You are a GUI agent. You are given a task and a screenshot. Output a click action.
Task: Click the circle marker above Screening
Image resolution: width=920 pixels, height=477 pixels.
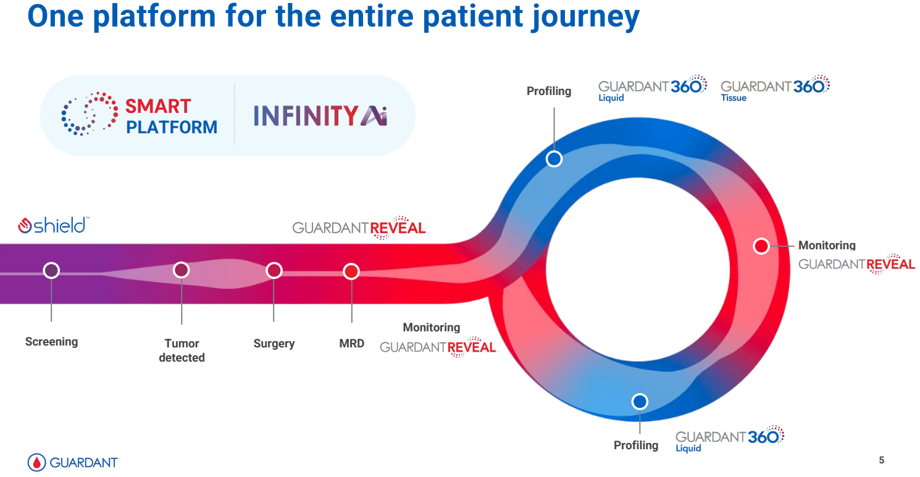coord(51,270)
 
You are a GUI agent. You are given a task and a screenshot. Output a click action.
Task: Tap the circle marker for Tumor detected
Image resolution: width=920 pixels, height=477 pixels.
coord(181,270)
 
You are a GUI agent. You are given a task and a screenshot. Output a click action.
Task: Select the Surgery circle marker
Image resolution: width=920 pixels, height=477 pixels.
coord(274,270)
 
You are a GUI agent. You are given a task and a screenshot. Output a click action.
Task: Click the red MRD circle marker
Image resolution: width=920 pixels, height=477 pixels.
coord(351,272)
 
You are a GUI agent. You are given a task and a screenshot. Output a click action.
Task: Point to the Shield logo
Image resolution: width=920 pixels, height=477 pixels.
coord(53,225)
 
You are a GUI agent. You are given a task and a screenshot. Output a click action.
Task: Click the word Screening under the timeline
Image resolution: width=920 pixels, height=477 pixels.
coord(51,341)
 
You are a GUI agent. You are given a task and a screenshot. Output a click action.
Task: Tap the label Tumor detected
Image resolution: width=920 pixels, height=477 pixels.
coord(182,350)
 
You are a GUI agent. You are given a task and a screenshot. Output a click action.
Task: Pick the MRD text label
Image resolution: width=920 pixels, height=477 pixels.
coord(351,343)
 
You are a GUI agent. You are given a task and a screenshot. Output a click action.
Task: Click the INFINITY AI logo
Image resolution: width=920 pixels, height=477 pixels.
coord(320,115)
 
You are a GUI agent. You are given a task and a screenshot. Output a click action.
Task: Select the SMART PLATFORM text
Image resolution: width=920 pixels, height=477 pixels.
coord(171,117)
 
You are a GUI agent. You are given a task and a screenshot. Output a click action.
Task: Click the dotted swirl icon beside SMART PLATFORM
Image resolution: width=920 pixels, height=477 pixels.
coord(90,114)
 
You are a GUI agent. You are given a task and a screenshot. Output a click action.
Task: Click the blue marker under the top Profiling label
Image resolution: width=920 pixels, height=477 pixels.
coord(554,159)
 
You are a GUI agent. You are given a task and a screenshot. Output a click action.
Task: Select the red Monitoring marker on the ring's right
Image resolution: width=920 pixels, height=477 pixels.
coord(761,246)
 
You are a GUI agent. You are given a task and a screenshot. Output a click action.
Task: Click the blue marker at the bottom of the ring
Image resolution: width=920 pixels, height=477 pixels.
coord(640,402)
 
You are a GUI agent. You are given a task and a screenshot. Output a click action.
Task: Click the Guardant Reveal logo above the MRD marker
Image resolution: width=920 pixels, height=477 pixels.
coord(359,228)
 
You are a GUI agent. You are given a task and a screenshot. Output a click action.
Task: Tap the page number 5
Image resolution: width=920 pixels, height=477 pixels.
coord(882,460)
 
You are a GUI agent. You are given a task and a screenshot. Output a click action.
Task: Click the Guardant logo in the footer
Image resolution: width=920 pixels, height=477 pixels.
coord(73,462)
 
